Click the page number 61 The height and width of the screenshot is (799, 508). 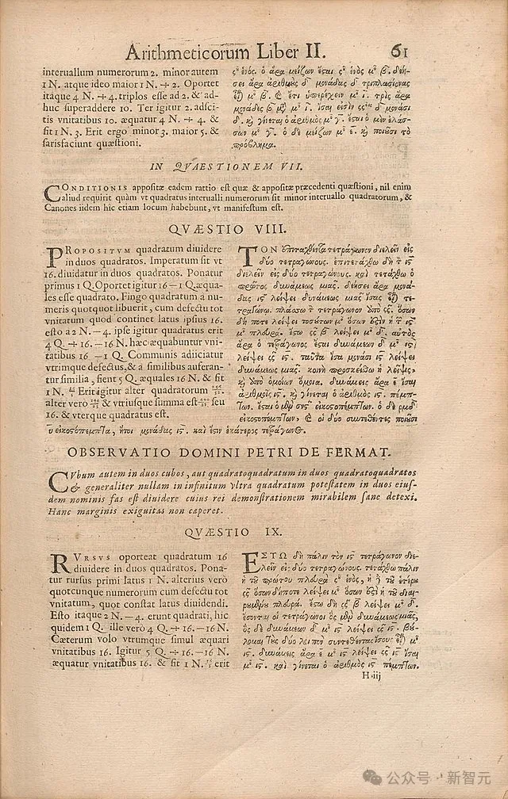pyautogui.click(x=399, y=51)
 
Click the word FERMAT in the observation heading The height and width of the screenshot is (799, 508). pyautogui.click(x=373, y=453)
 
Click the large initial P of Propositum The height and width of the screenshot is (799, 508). pyautogui.click(x=54, y=257)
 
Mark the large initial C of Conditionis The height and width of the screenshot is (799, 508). pyautogui.click(x=52, y=193)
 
